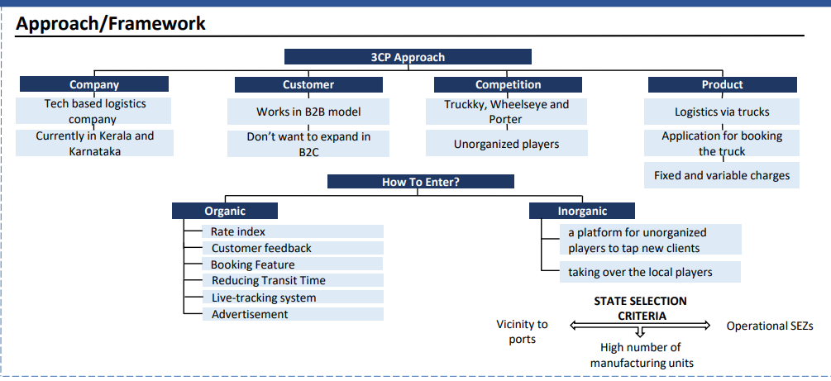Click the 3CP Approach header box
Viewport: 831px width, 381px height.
tap(408, 57)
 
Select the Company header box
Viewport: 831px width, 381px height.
tap(94, 84)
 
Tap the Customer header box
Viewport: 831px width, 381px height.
tap(308, 85)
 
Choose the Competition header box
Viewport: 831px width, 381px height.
tap(508, 85)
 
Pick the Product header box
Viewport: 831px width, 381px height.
tap(723, 85)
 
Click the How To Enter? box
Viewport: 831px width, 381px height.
tap(421, 182)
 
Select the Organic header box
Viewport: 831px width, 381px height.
tap(225, 211)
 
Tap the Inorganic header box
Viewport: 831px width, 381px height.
tap(582, 211)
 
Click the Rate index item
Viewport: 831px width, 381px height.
tap(293, 231)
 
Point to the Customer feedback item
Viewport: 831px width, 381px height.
tap(293, 248)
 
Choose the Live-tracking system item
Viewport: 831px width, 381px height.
tap(293, 298)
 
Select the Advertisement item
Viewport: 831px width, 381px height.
tap(293, 314)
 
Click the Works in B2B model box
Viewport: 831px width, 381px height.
tap(308, 112)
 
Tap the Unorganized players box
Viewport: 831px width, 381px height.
tap(507, 144)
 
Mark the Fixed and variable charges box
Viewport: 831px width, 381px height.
tap(722, 175)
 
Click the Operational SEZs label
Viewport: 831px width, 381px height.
tap(770, 326)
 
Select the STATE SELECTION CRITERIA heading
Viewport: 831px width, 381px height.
tap(640, 308)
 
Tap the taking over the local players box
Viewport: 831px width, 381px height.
tap(650, 272)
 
